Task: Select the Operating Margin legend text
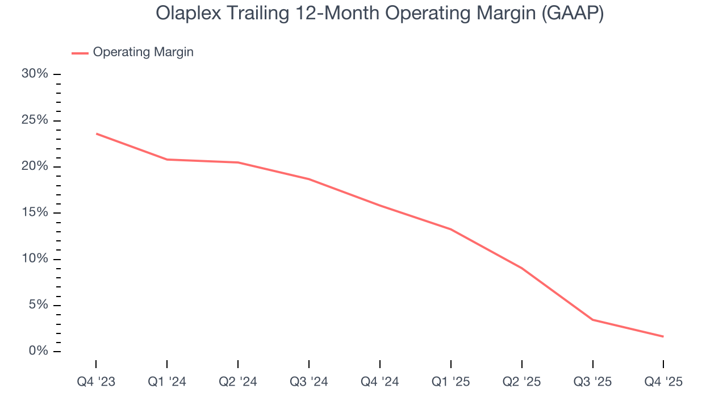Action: pos(143,52)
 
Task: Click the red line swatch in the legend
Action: pos(80,53)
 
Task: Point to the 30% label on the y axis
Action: pos(34,74)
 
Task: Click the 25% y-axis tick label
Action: pos(34,120)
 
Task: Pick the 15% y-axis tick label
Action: pos(34,213)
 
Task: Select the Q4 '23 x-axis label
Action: pos(96,382)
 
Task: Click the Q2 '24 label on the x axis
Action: pos(238,382)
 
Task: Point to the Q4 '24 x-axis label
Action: pos(380,382)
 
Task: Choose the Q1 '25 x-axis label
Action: pos(451,382)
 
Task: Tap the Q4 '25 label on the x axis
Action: pos(663,382)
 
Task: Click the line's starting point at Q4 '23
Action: pos(96,133)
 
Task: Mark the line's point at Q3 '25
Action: pos(592,320)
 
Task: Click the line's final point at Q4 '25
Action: pos(663,336)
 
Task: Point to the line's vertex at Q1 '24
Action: pos(167,160)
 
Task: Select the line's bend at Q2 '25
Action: pos(521,268)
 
